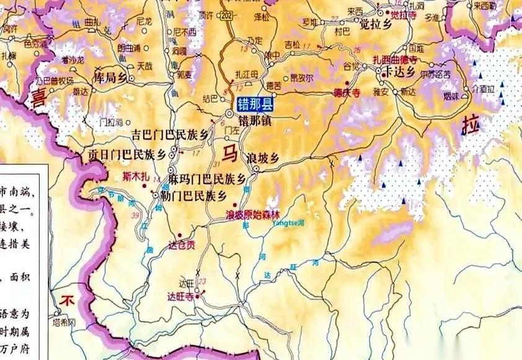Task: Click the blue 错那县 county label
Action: (254, 105)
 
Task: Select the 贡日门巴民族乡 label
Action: (126, 154)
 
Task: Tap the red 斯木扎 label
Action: (136, 177)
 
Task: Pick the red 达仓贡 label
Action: (182, 244)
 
